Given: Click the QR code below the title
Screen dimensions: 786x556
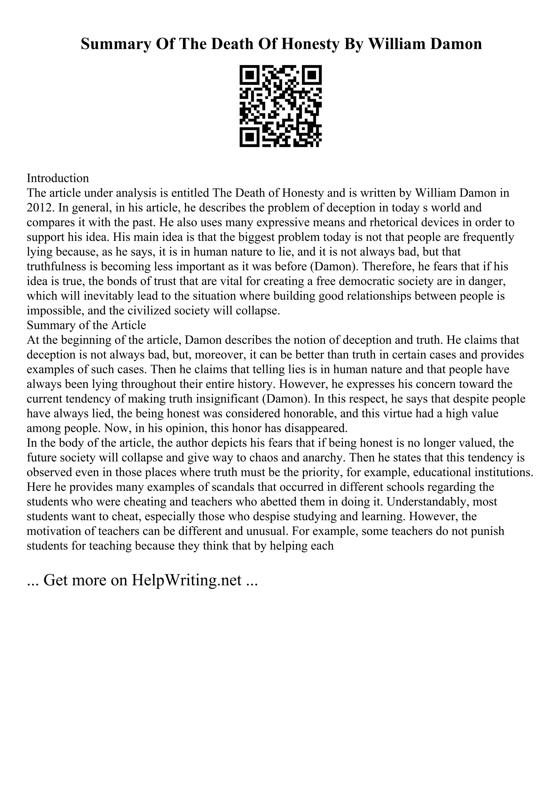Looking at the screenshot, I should pyautogui.click(x=280, y=106).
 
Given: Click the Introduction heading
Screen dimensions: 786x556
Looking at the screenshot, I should pyautogui.click(x=58, y=178).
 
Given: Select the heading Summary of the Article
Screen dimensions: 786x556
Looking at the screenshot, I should pyautogui.click(x=86, y=325).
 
